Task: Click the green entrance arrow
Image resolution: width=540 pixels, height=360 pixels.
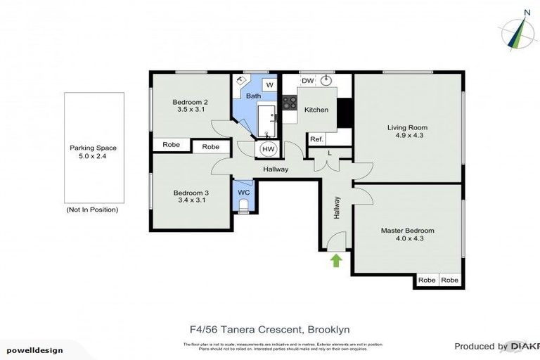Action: (336, 261)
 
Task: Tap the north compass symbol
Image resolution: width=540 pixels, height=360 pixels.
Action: (518, 31)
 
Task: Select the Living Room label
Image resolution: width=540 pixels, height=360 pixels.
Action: (407, 132)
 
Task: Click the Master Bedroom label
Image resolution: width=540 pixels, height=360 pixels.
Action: (407, 234)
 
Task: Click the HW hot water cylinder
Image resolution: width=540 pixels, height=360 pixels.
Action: (268, 149)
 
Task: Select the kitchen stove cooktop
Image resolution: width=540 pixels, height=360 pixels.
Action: (289, 103)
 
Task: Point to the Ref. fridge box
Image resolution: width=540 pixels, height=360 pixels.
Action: (316, 139)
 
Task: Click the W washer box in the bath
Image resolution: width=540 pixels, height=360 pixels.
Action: (270, 86)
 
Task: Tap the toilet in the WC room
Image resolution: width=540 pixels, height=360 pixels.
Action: (243, 205)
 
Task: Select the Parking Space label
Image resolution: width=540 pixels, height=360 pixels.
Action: (93, 153)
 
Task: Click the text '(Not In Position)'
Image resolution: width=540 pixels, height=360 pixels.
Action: (92, 210)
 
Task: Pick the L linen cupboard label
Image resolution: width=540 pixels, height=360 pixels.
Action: (330, 153)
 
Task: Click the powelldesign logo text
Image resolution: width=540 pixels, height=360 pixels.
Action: (35, 350)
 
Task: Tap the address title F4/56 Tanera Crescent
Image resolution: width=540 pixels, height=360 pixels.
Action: (270, 329)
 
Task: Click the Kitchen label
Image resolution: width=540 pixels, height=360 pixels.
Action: (316, 110)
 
